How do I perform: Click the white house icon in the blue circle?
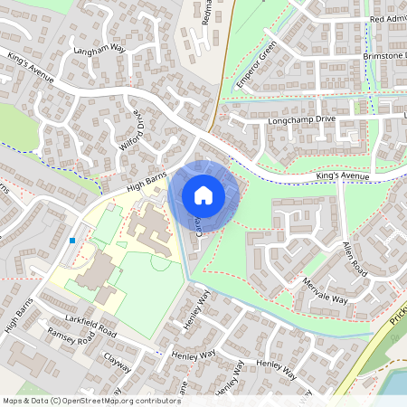[x=203, y=194]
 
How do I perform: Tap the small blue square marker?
[x=71, y=241]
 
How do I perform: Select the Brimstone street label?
[x=383, y=55]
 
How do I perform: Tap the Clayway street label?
[x=117, y=363]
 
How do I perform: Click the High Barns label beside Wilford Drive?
[x=148, y=185]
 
